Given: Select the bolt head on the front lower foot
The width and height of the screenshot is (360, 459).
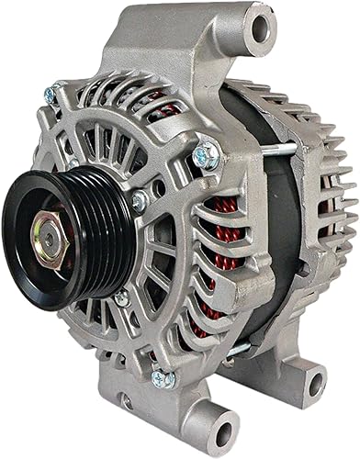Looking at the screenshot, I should click(163, 378).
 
